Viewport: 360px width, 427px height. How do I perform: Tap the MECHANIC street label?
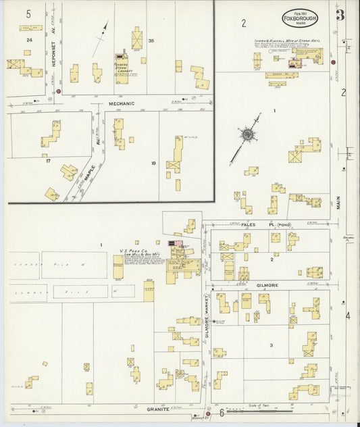[122, 103]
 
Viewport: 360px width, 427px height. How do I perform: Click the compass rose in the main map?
[247, 134]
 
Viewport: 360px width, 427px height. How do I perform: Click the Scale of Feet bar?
[244, 409]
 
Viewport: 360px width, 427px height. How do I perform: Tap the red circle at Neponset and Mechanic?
[59, 91]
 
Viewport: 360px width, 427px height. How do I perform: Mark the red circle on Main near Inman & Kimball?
[333, 62]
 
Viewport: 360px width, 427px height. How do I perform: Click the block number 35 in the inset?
[151, 41]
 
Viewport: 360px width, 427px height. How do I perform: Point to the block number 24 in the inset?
[28, 41]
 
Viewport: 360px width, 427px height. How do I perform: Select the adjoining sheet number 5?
[28, 13]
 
